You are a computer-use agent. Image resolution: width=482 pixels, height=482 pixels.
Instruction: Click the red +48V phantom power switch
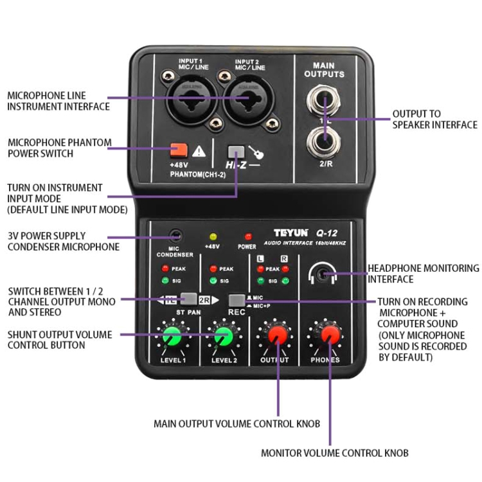179,151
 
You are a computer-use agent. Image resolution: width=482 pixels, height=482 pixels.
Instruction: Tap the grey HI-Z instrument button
237,152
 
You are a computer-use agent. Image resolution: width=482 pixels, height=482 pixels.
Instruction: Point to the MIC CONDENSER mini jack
174,236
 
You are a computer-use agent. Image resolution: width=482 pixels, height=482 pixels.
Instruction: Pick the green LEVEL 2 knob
223,336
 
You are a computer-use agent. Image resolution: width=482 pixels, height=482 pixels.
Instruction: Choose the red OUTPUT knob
276,335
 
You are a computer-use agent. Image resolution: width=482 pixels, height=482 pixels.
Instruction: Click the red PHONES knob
330,335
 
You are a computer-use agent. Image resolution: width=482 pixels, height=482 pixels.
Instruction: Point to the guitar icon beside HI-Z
256,153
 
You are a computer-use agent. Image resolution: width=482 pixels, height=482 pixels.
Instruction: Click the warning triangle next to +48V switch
199,152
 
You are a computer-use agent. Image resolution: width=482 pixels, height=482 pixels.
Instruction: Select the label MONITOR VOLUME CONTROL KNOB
334,453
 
